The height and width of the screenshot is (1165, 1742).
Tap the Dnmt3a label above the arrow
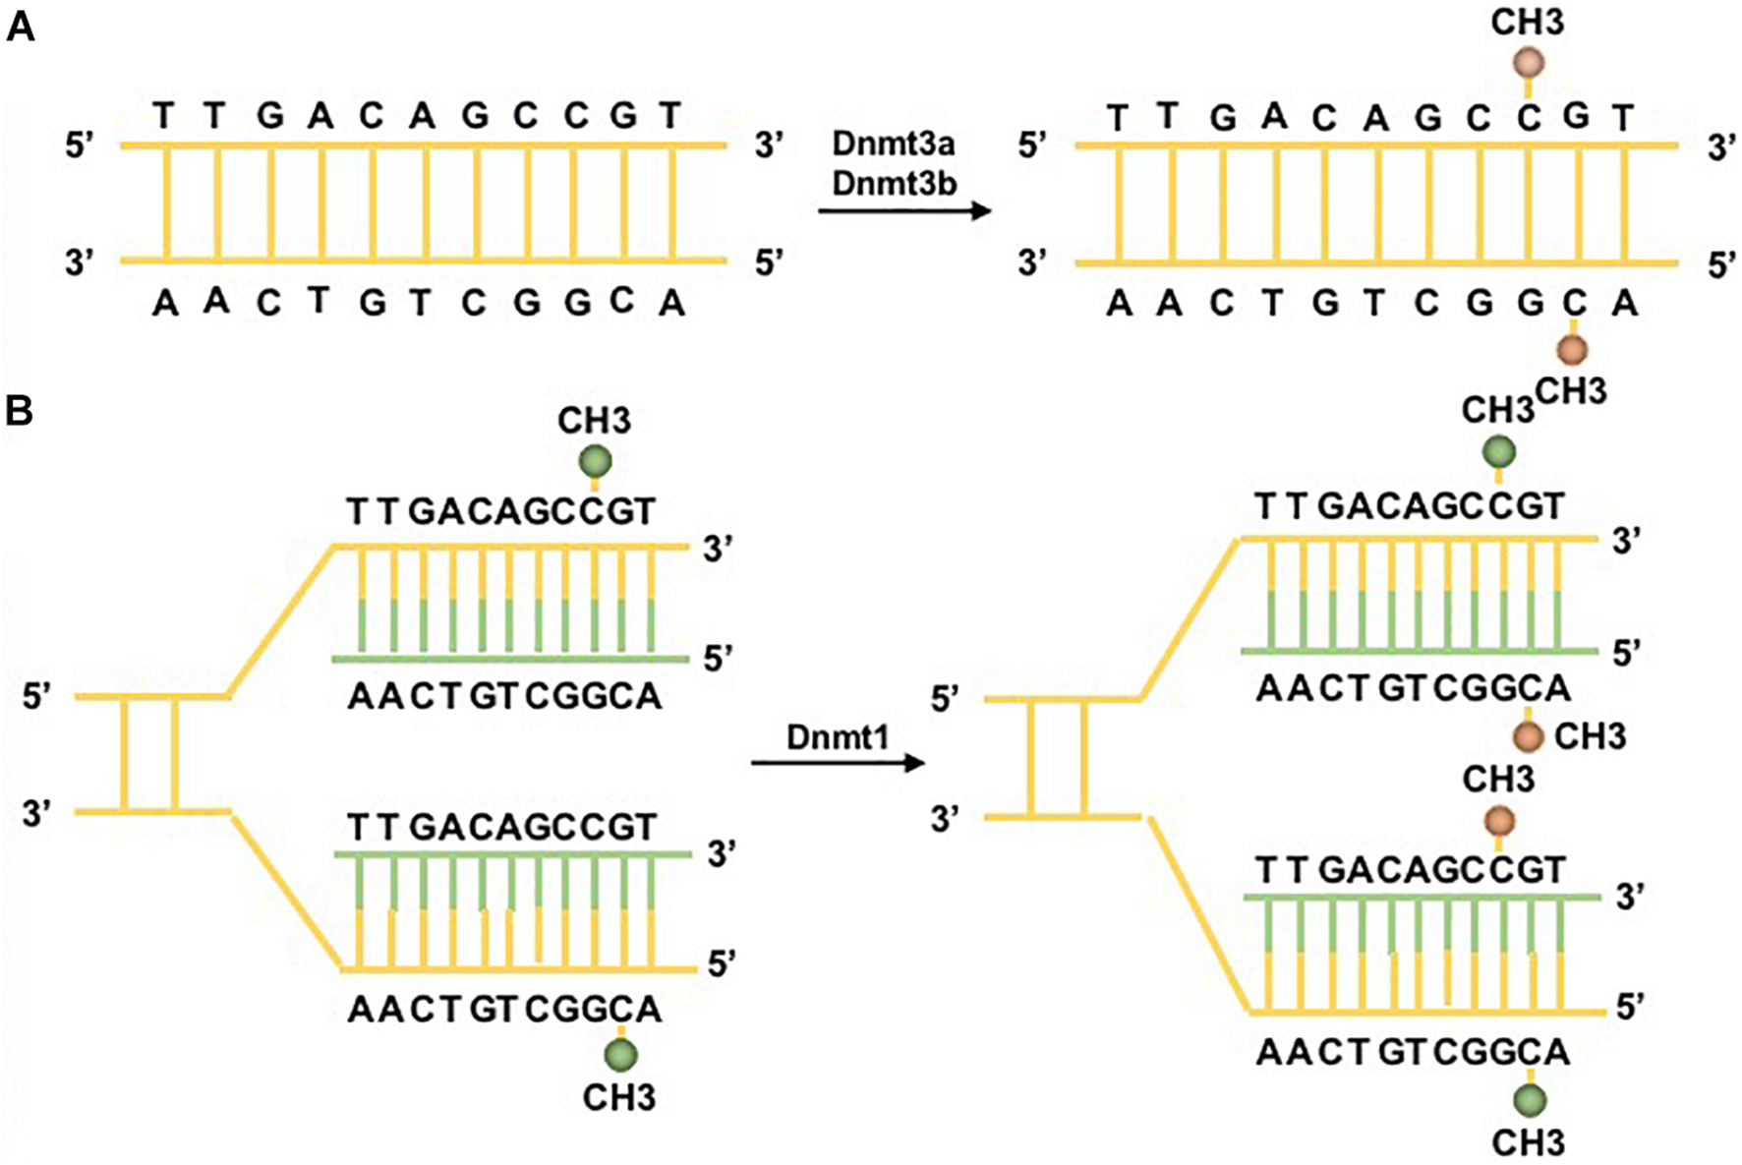coord(893,145)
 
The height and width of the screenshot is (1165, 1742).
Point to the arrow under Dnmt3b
coord(904,210)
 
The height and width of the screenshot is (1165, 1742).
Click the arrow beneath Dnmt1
coord(838,763)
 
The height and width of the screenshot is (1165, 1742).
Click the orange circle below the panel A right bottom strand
coord(1573,348)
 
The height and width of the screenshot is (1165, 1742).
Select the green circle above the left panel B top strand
coord(594,460)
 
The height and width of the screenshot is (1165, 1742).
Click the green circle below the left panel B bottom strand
coord(620,1055)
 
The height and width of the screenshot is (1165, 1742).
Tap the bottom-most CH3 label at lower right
coord(1528,1142)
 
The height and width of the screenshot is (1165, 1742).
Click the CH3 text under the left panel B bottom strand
coord(619,1097)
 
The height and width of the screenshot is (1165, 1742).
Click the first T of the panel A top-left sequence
coord(165,116)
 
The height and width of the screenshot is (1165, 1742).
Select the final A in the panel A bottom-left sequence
coord(671,304)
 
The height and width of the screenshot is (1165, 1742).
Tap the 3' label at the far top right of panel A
coord(1720,148)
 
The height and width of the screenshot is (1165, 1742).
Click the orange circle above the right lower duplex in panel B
coord(1498,820)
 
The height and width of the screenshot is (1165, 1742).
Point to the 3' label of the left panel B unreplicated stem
coord(37,814)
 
